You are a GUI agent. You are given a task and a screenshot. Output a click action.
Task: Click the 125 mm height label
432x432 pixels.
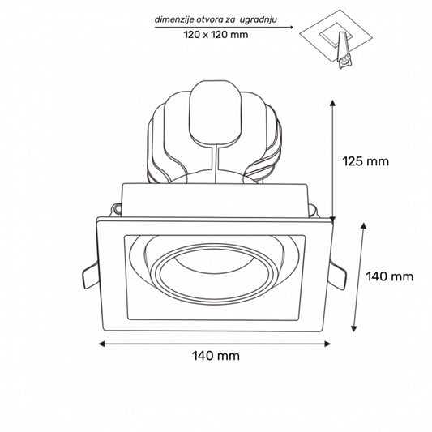[366, 160]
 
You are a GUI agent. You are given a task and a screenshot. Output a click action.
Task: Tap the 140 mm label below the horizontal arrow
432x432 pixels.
[216, 356]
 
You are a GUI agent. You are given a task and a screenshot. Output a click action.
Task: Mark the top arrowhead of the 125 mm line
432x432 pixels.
[333, 104]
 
